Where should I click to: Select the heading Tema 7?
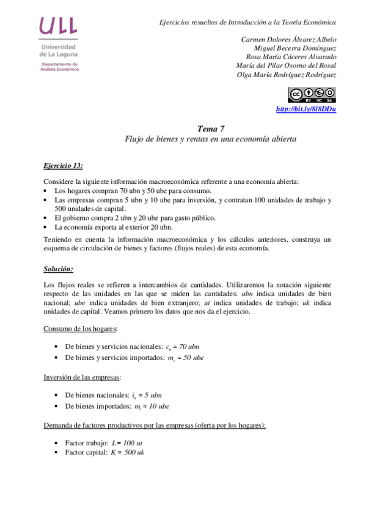coord(211,128)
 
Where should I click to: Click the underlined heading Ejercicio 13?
coord(64,165)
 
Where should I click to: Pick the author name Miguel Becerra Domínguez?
coord(295,48)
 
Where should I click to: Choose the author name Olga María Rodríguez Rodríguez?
coord(287,75)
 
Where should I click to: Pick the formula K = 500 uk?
coord(128,452)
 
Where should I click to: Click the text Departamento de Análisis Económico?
coord(59,67)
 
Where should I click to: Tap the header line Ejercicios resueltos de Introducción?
coord(247,22)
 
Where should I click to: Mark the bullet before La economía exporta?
coord(46,227)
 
